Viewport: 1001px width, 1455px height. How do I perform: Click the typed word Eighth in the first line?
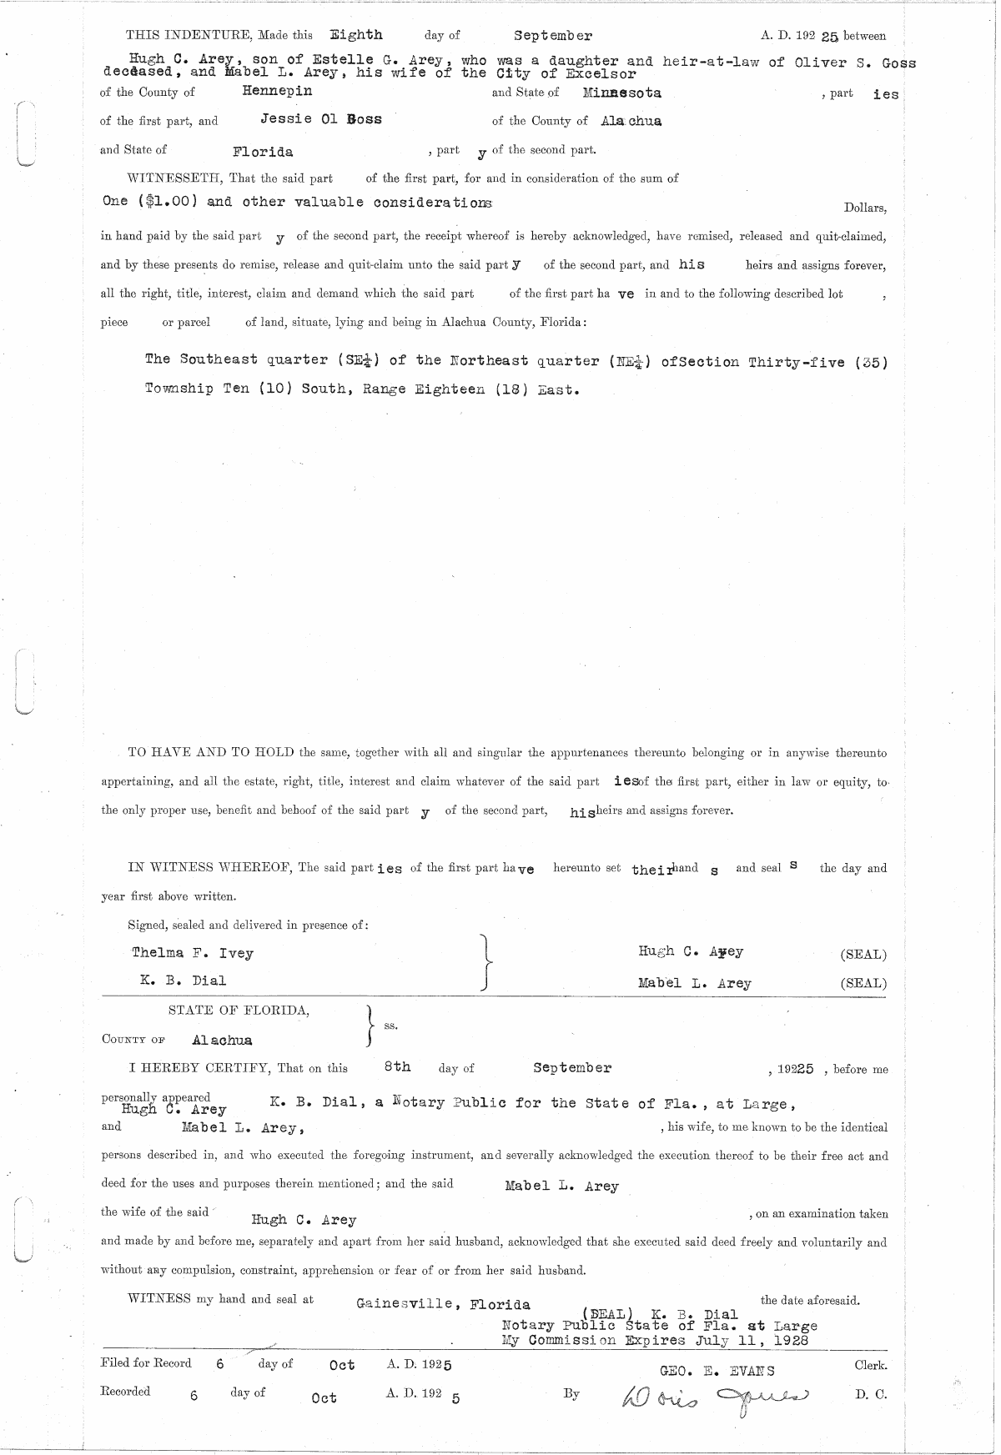356,35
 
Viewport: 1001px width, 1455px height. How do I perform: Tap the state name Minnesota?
622,93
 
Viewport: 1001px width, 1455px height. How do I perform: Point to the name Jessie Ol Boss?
321,119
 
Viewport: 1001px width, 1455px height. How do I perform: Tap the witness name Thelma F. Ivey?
193,953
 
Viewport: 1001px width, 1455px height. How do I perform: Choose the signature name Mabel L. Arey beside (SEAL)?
694,983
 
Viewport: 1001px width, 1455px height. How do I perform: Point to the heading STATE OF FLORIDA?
239,1011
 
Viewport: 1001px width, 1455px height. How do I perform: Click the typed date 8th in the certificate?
397,1066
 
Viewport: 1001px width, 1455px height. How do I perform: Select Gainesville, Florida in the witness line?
442,1304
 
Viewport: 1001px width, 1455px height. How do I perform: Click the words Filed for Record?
146,1363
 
